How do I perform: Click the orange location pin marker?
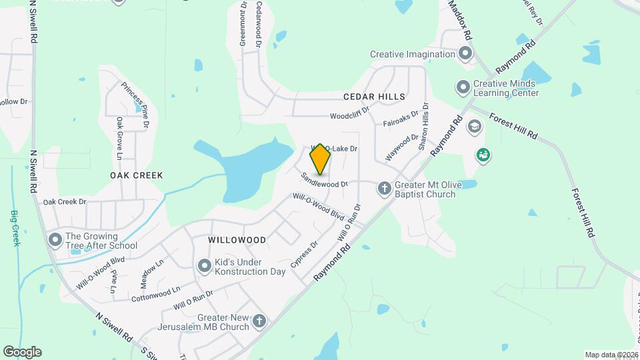point(321,159)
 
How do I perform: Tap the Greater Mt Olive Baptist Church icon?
point(384,189)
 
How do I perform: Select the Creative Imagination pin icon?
point(465,54)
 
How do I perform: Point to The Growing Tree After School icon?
point(55,240)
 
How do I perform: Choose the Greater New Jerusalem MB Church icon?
point(259,322)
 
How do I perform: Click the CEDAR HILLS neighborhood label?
point(374,97)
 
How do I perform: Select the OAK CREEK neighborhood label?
point(137,175)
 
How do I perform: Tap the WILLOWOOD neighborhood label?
point(237,239)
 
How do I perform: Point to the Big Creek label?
point(15,228)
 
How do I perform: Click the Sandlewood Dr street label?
point(325,179)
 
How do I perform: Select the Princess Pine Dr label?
point(135,104)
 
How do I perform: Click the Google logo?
point(22,352)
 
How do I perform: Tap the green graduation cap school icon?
point(474,125)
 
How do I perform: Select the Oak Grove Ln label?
point(119,139)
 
